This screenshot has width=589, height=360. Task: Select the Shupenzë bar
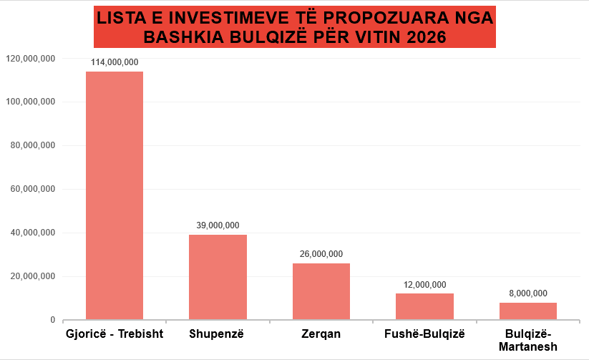click(x=218, y=277)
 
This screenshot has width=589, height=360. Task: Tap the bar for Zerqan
click(x=321, y=291)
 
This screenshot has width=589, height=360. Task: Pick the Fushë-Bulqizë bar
click(x=424, y=306)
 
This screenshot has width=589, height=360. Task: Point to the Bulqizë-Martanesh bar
click(x=528, y=311)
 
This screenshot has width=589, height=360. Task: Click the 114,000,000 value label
click(x=115, y=62)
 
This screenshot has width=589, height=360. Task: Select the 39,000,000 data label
click(x=218, y=225)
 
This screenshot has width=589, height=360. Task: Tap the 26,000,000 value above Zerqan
click(x=321, y=254)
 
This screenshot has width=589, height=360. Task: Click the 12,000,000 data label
click(x=424, y=285)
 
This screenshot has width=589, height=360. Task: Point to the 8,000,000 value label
click(x=528, y=293)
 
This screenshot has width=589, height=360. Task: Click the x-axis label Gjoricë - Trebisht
click(x=115, y=334)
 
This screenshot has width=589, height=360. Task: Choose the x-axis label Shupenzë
click(x=218, y=334)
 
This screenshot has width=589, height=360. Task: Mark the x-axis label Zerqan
click(x=321, y=334)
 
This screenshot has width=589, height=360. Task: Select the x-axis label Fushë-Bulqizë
click(x=424, y=334)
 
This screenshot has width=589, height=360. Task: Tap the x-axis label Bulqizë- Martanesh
click(x=528, y=340)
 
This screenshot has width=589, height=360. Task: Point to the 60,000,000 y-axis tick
click(x=32, y=189)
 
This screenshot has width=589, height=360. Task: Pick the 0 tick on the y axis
click(x=52, y=320)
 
